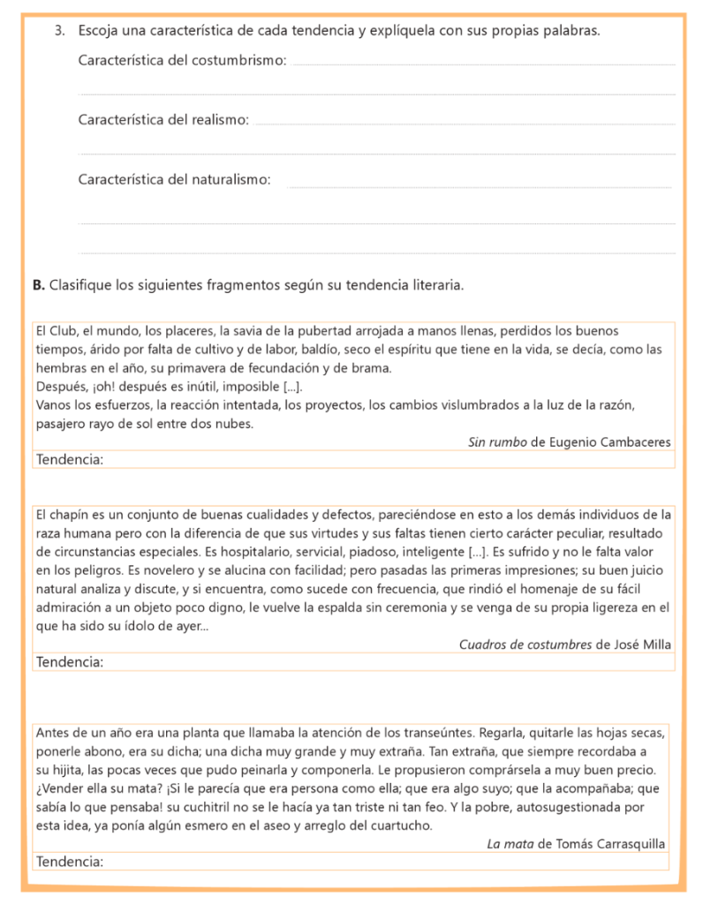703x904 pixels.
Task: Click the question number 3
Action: [59, 31]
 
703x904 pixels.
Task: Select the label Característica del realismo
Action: [163, 120]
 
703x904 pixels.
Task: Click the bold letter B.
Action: [37, 285]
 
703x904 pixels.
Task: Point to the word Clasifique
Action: [80, 285]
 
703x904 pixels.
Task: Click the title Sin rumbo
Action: [496, 442]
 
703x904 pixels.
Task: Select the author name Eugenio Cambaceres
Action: [610, 442]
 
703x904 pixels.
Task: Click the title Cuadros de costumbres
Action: [525, 644]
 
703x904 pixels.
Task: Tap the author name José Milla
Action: [642, 644]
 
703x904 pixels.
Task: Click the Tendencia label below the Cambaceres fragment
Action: [70, 459]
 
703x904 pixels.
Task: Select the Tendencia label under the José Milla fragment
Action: [70, 661]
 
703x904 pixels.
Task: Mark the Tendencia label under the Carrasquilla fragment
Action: [70, 861]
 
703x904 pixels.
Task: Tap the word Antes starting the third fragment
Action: [54, 733]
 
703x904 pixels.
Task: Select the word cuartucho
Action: [405, 825]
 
